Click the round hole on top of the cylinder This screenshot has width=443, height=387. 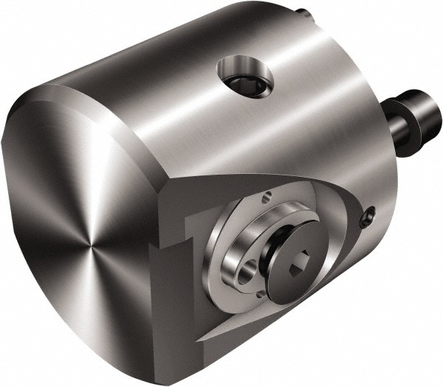pos(244,77)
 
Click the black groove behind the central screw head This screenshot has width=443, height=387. pos(275,252)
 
